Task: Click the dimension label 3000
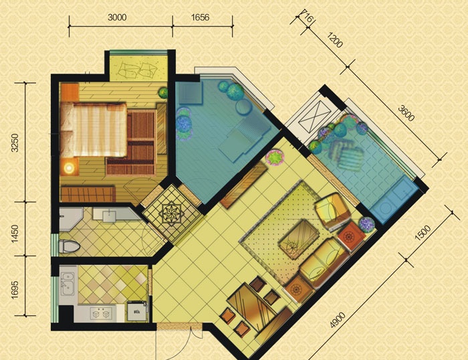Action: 117,17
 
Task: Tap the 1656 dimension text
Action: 200,17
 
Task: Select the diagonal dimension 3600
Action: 406,113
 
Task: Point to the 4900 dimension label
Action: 338,320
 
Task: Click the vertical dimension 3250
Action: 15,143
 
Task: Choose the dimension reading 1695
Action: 15,289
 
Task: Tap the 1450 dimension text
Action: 15,234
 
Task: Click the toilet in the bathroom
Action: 70,247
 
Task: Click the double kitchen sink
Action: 68,284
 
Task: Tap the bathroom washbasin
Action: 110,216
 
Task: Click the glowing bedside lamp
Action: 70,168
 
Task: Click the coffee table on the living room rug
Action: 298,239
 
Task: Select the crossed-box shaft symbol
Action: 315,115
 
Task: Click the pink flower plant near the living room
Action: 275,157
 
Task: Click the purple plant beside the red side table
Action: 367,224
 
